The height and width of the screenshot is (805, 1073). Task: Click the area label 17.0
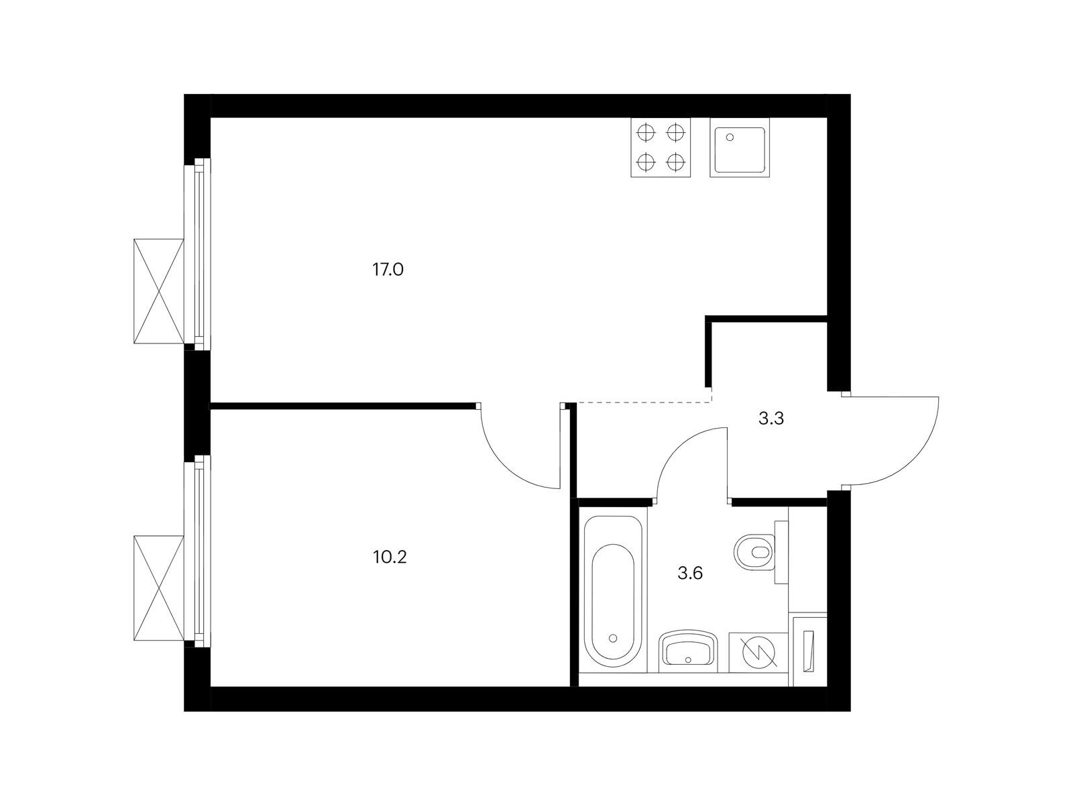[388, 269]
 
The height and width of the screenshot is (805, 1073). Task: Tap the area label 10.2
[390, 557]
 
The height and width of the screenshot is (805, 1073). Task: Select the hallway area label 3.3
[771, 419]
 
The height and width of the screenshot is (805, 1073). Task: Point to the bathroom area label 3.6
[690, 573]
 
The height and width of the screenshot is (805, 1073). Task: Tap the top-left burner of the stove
[646, 132]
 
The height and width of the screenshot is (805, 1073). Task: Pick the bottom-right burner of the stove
[675, 161]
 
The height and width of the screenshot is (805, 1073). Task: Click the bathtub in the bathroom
[613, 590]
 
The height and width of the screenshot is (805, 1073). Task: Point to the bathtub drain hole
[613, 639]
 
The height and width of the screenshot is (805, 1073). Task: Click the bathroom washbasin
[688, 651]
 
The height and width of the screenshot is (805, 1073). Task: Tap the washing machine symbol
[758, 653]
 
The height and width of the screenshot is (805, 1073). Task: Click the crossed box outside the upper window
[158, 291]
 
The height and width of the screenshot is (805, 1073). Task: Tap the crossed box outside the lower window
[158, 588]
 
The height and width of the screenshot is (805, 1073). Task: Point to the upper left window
[197, 254]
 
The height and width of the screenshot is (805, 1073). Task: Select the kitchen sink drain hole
[730, 138]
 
